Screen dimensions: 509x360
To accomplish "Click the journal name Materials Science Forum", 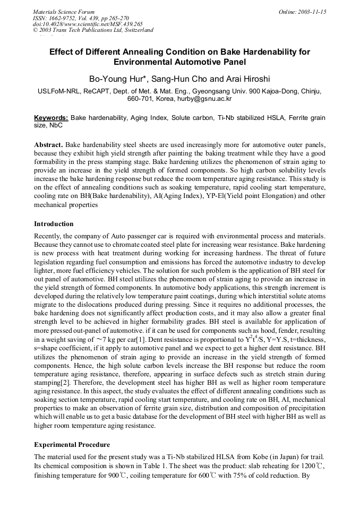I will coord(64,12).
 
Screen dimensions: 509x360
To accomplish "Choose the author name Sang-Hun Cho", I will coord(181,80).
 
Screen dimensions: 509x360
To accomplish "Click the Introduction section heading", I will coord(54,224).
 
